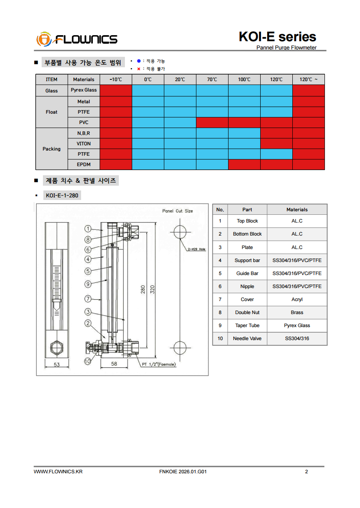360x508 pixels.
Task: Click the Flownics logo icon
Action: pyautogui.click(x=44, y=39)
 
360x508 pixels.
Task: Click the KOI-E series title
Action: pyautogui.click(x=277, y=36)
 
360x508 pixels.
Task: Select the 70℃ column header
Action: pyautogui.click(x=212, y=79)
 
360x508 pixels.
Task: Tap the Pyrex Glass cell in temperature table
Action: pyautogui.click(x=84, y=90)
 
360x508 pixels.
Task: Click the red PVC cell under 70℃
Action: pyautogui.click(x=212, y=122)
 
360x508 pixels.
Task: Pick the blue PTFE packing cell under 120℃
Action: pyautogui.click(x=276, y=154)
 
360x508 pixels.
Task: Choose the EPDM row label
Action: pyautogui.click(x=84, y=164)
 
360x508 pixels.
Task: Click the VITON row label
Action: pyautogui.click(x=84, y=144)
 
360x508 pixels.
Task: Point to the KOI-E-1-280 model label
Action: pyautogui.click(x=62, y=196)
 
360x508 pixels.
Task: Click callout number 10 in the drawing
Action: pyautogui.click(x=88, y=361)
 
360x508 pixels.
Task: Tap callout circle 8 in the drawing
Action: pyautogui.click(x=88, y=239)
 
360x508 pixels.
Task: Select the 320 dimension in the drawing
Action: pyautogui.click(x=153, y=289)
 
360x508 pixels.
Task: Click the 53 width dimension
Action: pyautogui.click(x=57, y=365)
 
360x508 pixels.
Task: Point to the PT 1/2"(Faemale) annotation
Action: pyautogui.click(x=159, y=364)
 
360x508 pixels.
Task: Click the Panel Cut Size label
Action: pyautogui.click(x=177, y=211)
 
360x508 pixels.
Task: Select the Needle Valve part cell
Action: pyautogui.click(x=247, y=338)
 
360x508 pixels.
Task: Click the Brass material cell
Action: pyautogui.click(x=297, y=312)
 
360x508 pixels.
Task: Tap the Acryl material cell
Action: pyautogui.click(x=297, y=299)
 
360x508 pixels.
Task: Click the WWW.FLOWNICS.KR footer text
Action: pyautogui.click(x=58, y=472)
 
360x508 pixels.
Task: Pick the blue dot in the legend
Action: pyautogui.click(x=138, y=61)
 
